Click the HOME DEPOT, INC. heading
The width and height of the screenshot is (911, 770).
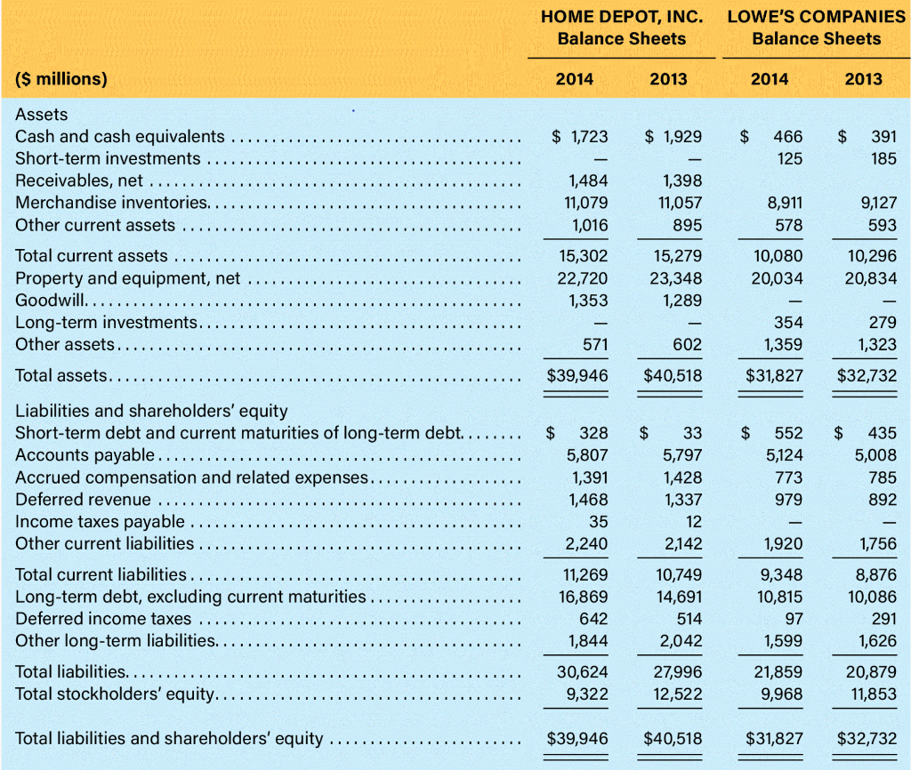[621, 16]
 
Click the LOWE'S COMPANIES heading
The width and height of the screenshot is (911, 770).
[816, 16]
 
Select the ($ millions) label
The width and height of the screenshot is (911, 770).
[61, 78]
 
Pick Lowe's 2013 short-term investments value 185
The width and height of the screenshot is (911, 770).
[883, 158]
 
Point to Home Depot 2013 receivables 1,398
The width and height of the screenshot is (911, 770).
[682, 181]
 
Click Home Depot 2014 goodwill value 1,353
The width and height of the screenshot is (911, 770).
[589, 300]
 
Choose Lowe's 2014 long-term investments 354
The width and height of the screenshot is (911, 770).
[788, 322]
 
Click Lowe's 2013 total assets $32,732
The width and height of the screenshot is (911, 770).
[867, 376]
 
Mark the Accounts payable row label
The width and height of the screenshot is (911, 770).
[85, 455]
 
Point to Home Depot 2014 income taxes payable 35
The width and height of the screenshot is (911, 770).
[599, 521]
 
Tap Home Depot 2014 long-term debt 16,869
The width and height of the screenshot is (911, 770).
[584, 597]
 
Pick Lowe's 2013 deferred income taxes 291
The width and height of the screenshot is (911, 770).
[883, 618]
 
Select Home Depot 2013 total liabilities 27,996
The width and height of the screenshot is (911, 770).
[678, 672]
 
